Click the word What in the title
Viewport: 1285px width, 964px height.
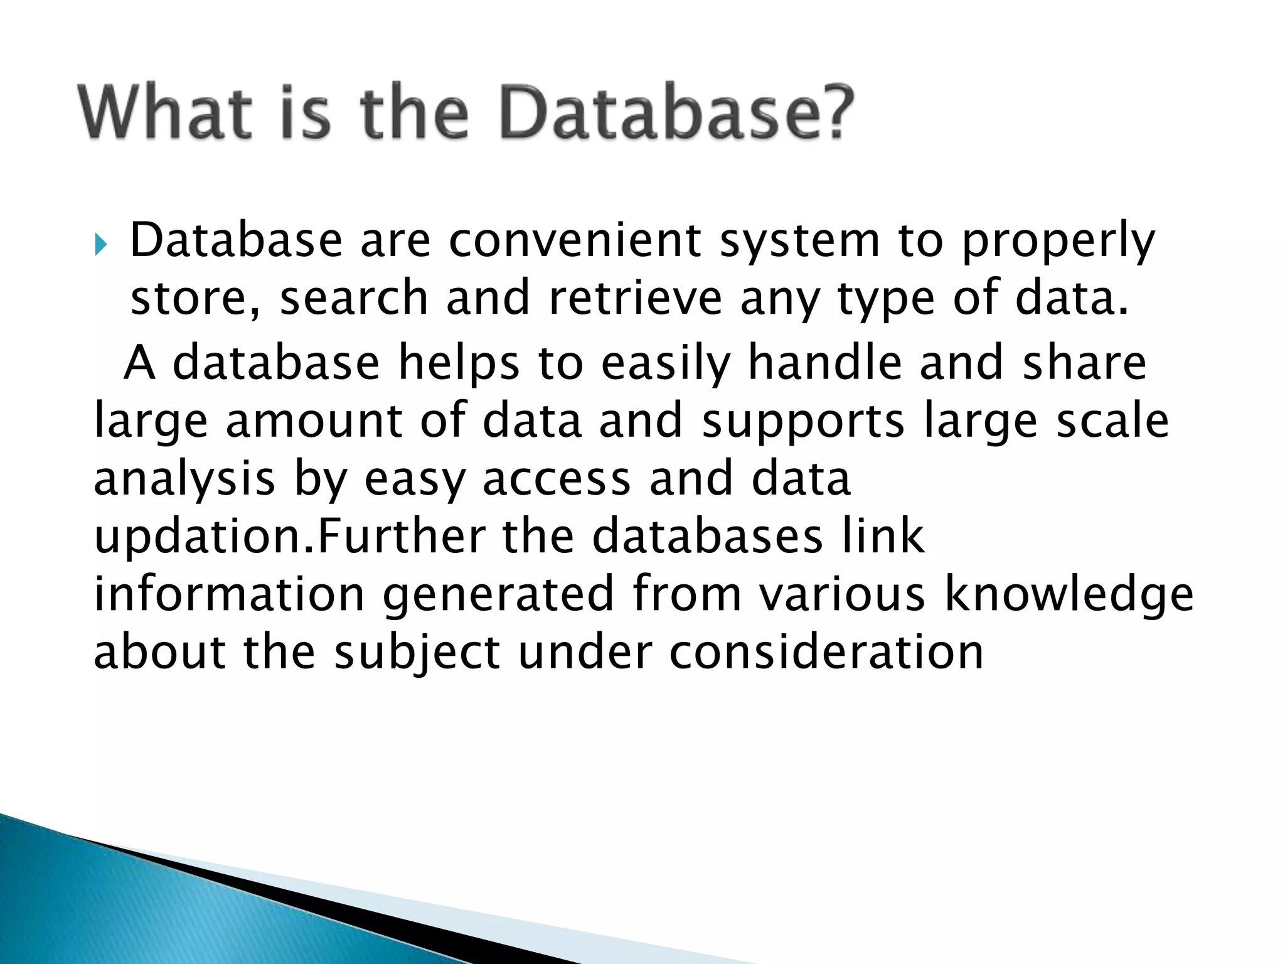pos(165,113)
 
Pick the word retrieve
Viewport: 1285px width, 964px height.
pos(636,297)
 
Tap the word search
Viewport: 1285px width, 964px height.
pos(354,297)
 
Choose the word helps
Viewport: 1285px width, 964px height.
pos(459,364)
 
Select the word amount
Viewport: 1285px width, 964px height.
pos(314,420)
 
